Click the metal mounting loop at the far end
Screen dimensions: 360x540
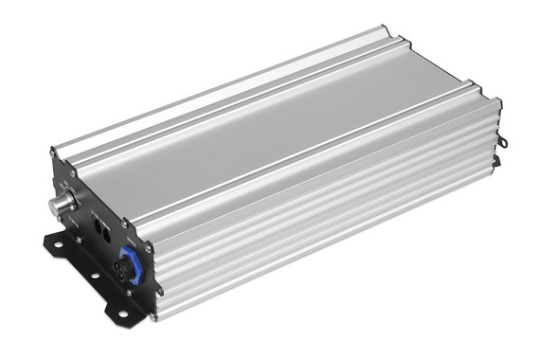point(502,142)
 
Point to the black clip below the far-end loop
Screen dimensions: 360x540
point(495,161)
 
